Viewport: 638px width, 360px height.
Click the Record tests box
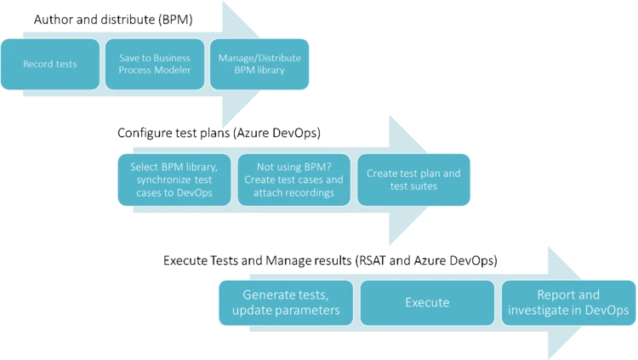point(49,64)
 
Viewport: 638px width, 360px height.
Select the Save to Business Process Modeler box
point(154,64)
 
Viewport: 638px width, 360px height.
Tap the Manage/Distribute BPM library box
point(259,64)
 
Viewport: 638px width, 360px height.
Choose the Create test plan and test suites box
point(413,180)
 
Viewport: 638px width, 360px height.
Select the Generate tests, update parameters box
point(285,303)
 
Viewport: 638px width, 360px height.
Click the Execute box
point(427,303)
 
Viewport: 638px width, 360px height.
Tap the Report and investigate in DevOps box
point(568,303)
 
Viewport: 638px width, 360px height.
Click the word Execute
point(427,303)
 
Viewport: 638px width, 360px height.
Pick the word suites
point(425,186)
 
